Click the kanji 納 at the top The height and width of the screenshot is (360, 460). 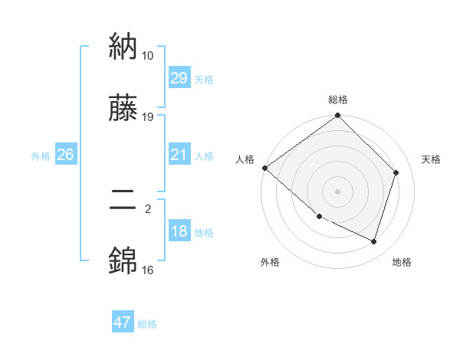(123, 48)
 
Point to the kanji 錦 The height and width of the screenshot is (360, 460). (123, 262)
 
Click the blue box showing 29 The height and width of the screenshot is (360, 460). (179, 78)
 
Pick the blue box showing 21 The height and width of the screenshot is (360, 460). (179, 155)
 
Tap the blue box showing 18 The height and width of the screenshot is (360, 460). (179, 231)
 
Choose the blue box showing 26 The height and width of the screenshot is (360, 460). (65, 155)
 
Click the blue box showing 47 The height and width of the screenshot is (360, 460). (123, 322)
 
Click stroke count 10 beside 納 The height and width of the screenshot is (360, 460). (148, 56)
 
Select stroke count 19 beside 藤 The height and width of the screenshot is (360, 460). (148, 117)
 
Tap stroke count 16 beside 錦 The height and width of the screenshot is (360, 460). (148, 270)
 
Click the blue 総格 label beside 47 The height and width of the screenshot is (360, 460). (147, 324)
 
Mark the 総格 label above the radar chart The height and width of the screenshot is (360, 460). (338, 100)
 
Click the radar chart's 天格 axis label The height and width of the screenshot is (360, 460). (431, 159)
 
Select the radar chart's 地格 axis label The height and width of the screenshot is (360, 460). (402, 262)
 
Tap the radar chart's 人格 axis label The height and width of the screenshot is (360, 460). (245, 159)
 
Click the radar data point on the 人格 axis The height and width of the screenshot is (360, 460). (264, 168)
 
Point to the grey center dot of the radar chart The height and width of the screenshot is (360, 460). (338, 191)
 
